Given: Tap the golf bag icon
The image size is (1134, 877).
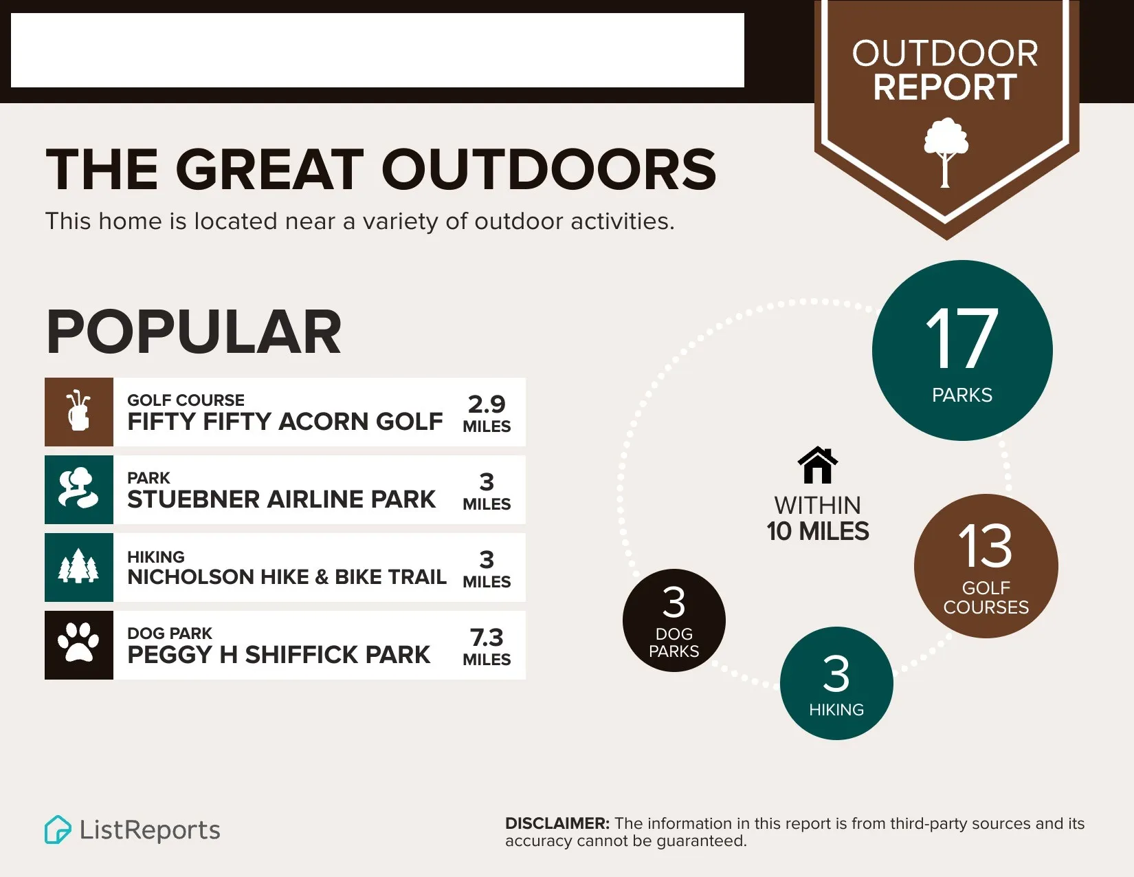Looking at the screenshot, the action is (x=78, y=411).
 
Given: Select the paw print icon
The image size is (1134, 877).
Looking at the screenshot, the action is (x=78, y=644).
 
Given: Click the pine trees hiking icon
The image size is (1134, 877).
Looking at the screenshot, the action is (x=78, y=566).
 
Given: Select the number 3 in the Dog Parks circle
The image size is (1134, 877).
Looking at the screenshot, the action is (x=674, y=603).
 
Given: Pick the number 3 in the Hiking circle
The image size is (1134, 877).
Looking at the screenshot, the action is (x=836, y=673).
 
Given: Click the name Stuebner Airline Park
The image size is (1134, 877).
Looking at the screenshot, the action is (x=281, y=499).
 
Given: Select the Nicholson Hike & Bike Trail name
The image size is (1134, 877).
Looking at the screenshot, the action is (x=287, y=576).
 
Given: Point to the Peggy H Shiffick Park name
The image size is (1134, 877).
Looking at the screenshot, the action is (x=278, y=655).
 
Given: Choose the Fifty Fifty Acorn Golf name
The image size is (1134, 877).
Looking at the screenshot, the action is (x=285, y=422).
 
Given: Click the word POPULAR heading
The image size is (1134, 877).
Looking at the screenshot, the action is (x=194, y=332).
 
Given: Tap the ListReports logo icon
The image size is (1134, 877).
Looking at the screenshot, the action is (x=58, y=830).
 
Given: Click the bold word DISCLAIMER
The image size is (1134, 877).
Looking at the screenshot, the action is (x=557, y=824).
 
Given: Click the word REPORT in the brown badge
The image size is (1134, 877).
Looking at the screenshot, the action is (x=945, y=87).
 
